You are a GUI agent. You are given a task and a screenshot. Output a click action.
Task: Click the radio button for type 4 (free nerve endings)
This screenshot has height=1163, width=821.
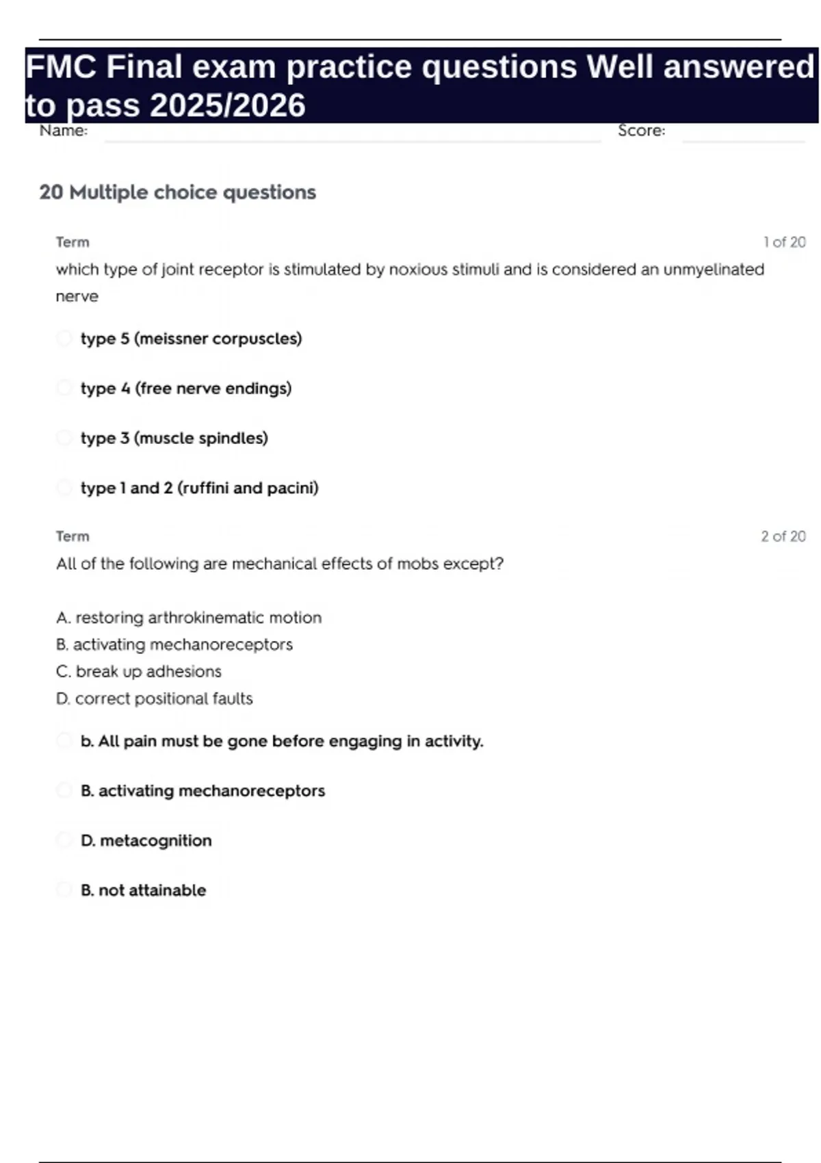(64, 388)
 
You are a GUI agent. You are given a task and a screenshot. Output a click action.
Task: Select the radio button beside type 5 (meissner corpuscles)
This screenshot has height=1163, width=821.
(64, 338)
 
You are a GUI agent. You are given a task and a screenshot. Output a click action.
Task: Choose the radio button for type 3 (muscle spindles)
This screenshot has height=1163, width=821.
(64, 438)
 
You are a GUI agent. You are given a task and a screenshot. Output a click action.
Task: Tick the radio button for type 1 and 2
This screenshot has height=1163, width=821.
(64, 488)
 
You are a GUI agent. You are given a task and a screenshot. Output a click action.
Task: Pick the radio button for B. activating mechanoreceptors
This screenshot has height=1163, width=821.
(64, 791)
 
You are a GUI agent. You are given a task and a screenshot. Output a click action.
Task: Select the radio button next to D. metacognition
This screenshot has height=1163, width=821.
(64, 840)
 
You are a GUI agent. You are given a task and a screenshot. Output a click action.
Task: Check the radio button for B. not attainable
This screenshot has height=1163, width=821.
(64, 890)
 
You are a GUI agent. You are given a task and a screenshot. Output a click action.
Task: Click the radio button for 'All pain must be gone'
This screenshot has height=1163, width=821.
(64, 741)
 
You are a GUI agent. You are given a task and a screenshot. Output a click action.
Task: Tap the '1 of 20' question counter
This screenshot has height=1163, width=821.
(784, 242)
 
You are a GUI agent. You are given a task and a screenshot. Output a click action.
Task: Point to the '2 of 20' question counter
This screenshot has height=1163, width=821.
(783, 536)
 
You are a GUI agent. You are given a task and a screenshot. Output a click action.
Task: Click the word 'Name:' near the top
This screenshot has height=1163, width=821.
(64, 131)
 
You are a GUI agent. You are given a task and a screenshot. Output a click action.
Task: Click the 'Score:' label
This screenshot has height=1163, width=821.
(641, 131)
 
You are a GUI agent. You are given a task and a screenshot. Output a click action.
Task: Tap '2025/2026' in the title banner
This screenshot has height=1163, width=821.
(227, 105)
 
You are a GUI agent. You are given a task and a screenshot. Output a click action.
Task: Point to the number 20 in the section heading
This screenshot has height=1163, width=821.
(51, 192)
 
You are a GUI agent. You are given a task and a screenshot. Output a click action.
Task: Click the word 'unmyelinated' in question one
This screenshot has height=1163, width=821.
(713, 270)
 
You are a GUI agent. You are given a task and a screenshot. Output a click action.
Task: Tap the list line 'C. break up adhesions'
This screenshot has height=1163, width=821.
(139, 672)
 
